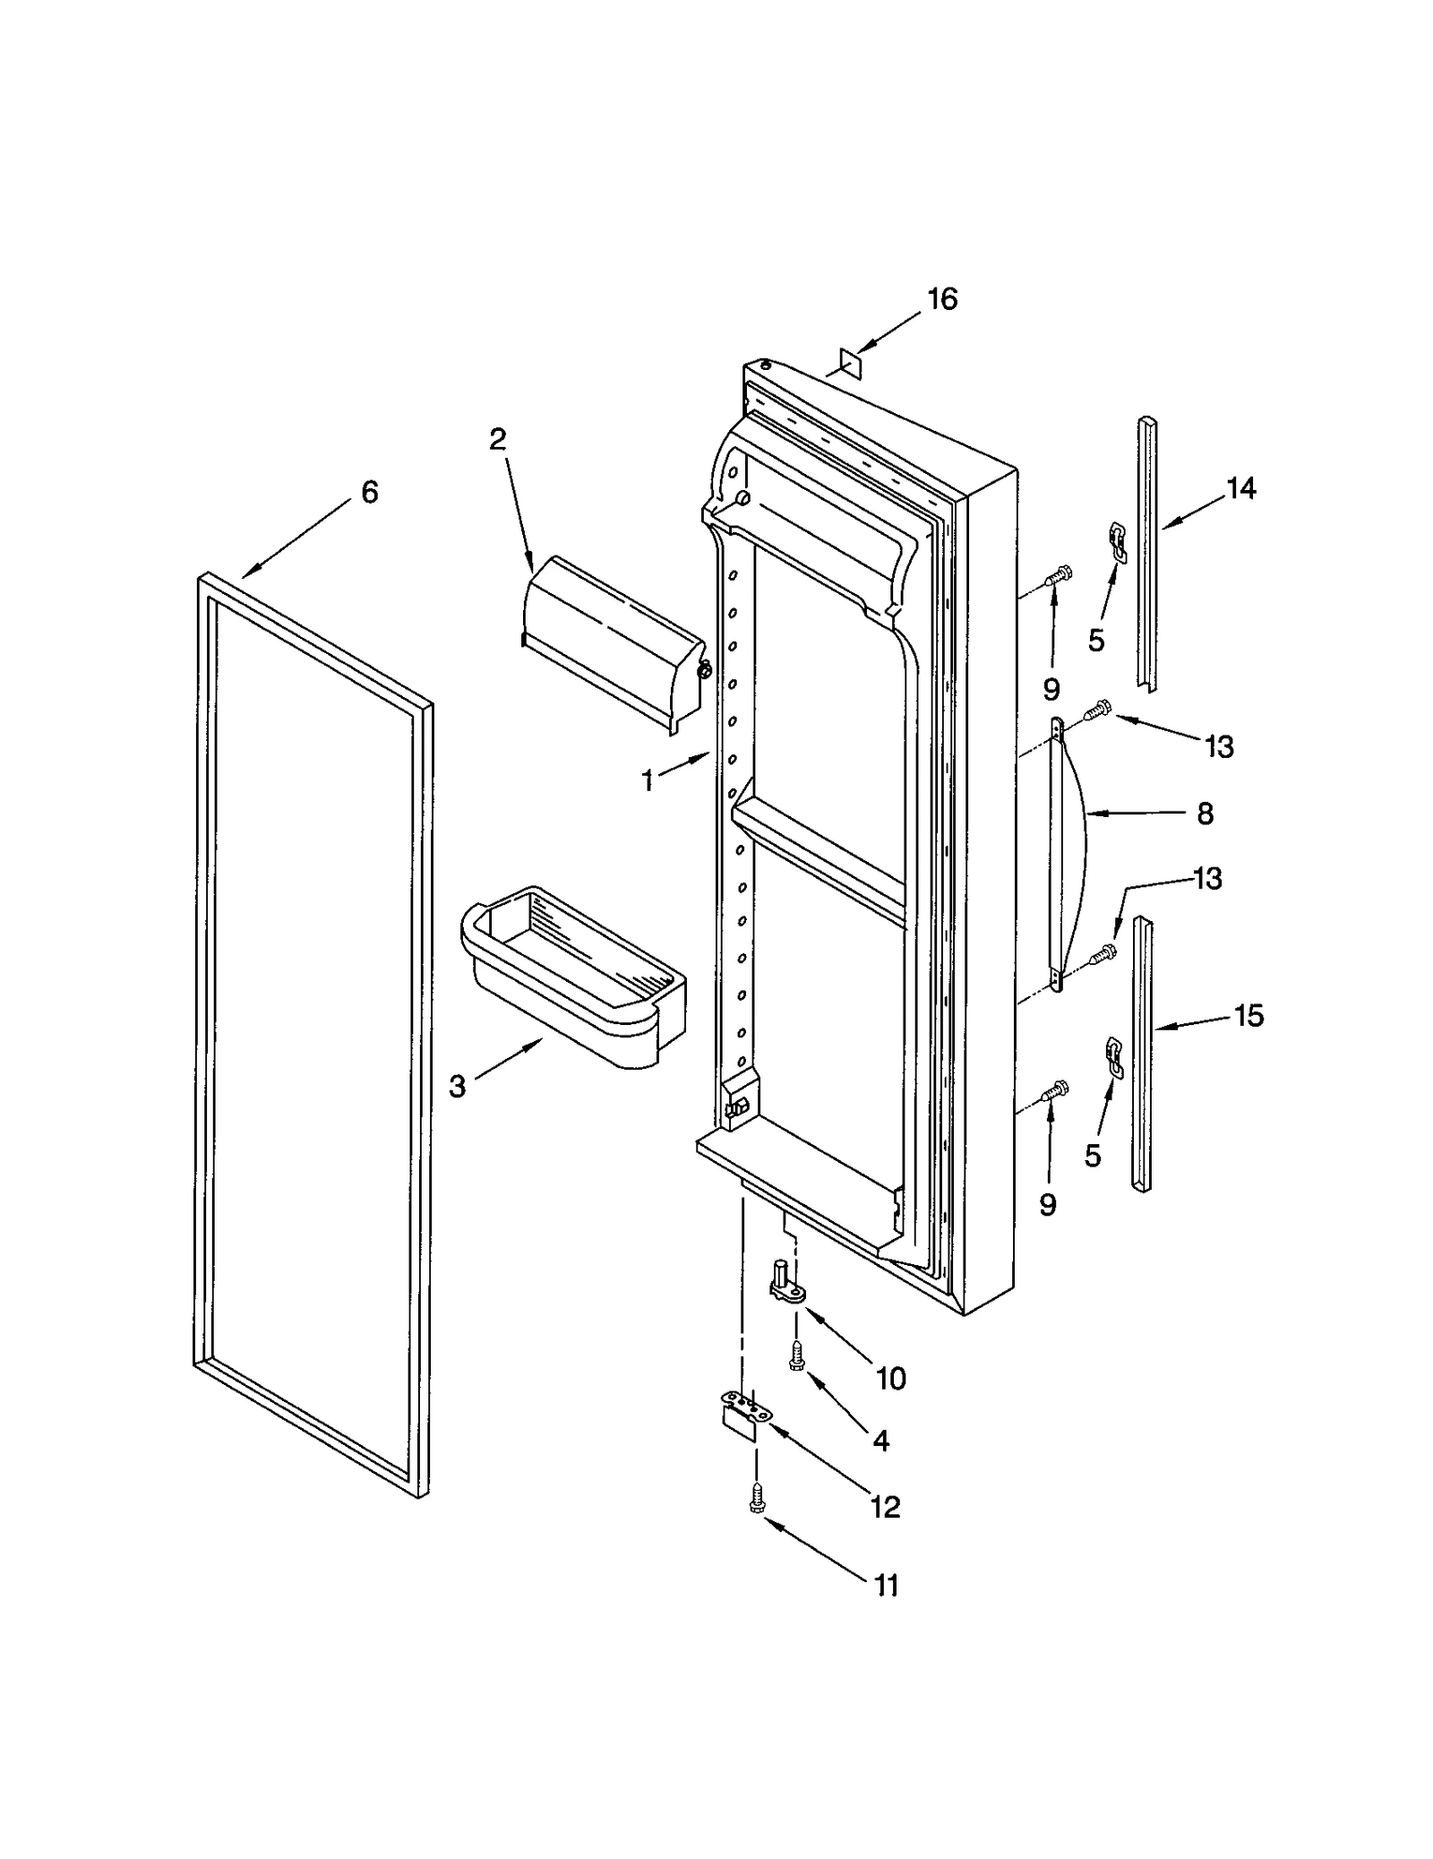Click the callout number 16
pos(942,299)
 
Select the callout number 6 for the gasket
pos(369,492)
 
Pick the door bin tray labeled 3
pos(573,977)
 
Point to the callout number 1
pos(648,781)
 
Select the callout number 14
pos(1241,488)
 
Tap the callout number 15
pos(1249,1016)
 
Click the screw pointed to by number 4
pos(794,1359)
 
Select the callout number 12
pos(885,1507)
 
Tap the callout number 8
pos(1205,813)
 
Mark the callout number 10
pos(890,1379)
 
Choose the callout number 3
pos(458,1087)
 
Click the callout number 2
pos(497,439)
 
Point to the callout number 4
pos(880,1441)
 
